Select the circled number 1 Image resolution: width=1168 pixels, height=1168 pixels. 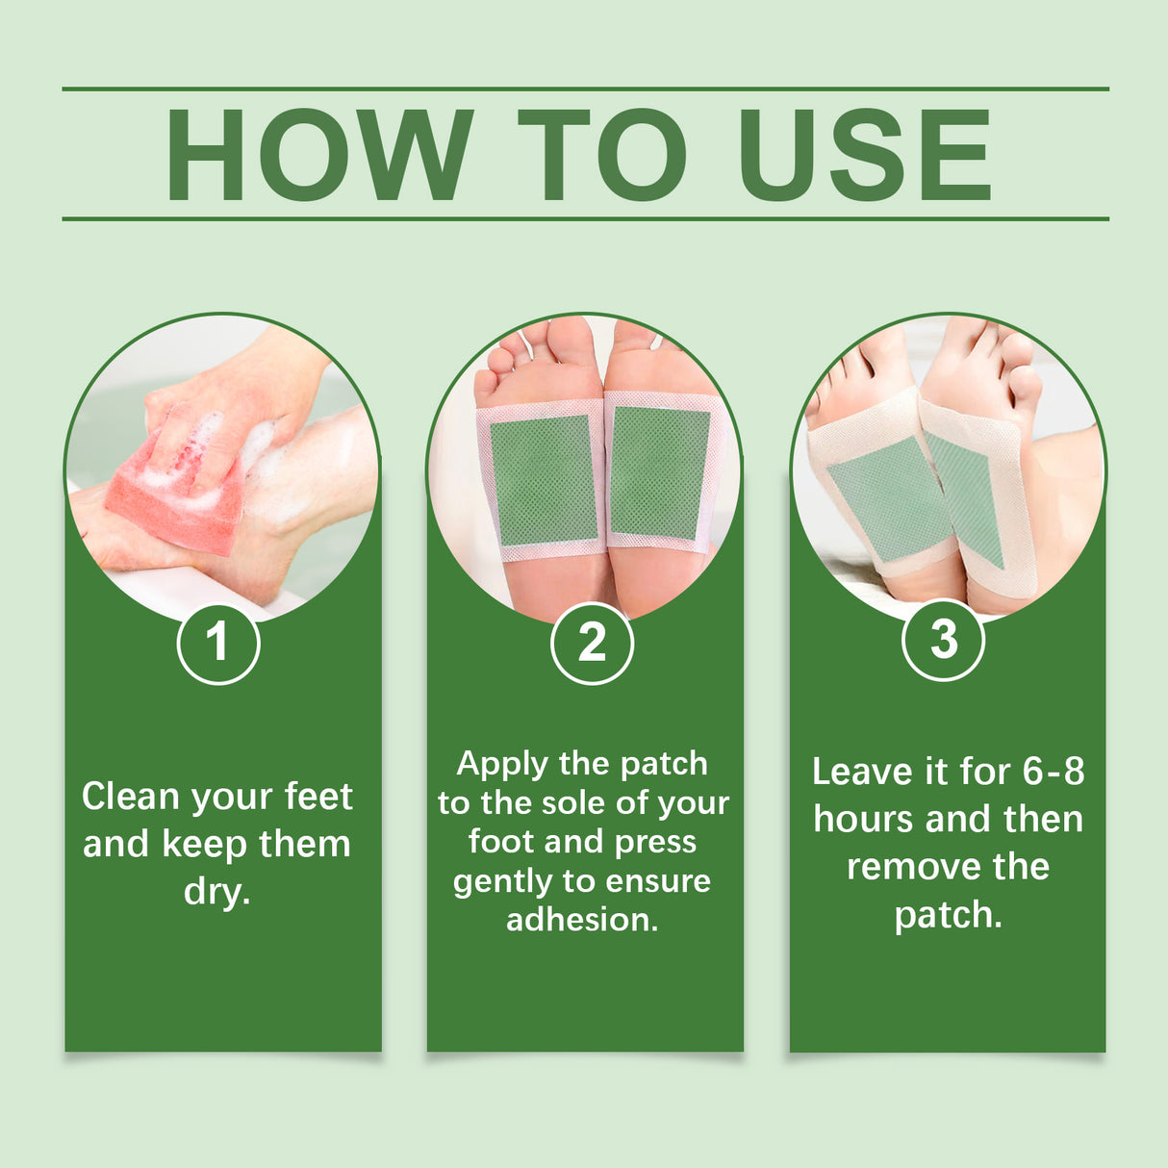point(218,642)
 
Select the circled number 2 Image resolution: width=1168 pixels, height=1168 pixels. point(592,643)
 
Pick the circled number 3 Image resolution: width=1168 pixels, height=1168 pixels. point(943,640)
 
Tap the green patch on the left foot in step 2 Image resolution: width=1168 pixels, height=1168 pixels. point(544,480)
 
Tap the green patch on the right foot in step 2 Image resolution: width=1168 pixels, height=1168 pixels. point(659,472)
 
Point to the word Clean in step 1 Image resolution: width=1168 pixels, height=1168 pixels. point(131,797)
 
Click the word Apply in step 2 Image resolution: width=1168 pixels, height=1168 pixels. point(501,764)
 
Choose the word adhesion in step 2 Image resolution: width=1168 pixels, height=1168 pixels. point(582,920)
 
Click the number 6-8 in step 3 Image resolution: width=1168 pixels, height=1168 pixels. point(1053,772)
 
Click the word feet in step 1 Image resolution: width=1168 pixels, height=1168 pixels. point(319,797)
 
